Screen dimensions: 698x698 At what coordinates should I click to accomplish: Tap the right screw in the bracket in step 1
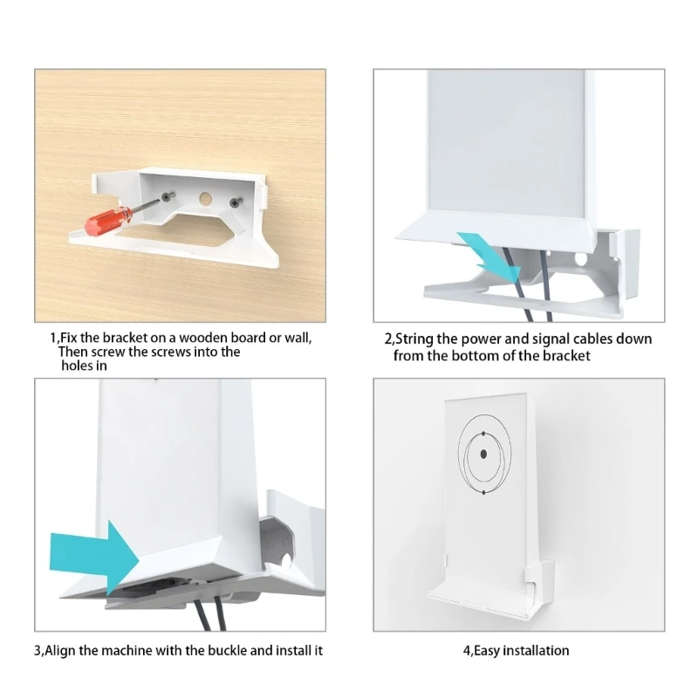pyautogui.click(x=234, y=202)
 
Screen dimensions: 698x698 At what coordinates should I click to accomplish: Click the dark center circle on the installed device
pyautogui.click(x=483, y=455)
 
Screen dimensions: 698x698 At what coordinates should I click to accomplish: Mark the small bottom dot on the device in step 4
pyautogui.click(x=483, y=493)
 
